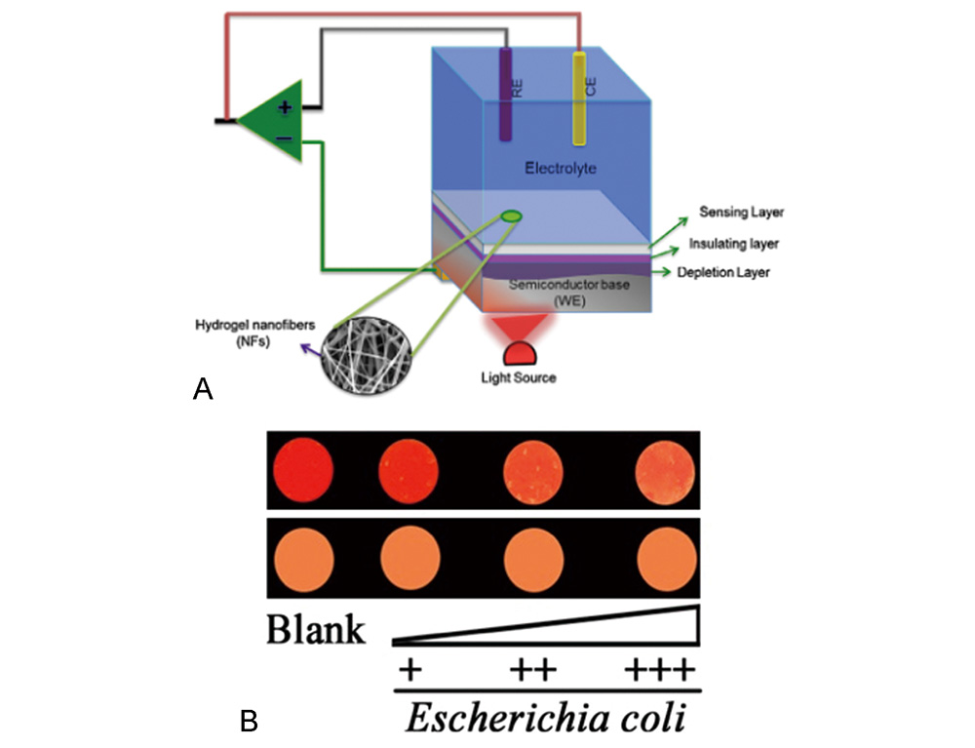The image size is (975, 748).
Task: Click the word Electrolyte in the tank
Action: (561, 169)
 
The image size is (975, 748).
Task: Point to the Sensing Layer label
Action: (742, 212)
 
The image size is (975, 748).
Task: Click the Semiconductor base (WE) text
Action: (563, 292)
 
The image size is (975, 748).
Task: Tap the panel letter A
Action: (203, 389)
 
